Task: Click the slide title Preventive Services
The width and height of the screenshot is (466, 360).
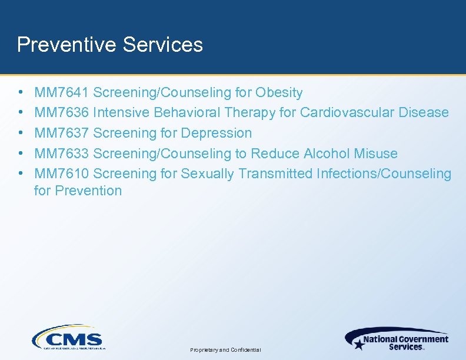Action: (x=110, y=45)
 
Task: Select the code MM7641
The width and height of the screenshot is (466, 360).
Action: (x=62, y=92)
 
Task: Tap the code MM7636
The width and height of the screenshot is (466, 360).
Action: (x=62, y=112)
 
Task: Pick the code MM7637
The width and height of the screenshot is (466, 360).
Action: (x=62, y=133)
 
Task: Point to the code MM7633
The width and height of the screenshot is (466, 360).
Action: (x=62, y=154)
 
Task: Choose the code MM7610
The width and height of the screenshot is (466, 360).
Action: (x=62, y=174)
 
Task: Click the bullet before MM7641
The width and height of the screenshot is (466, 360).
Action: (x=21, y=93)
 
